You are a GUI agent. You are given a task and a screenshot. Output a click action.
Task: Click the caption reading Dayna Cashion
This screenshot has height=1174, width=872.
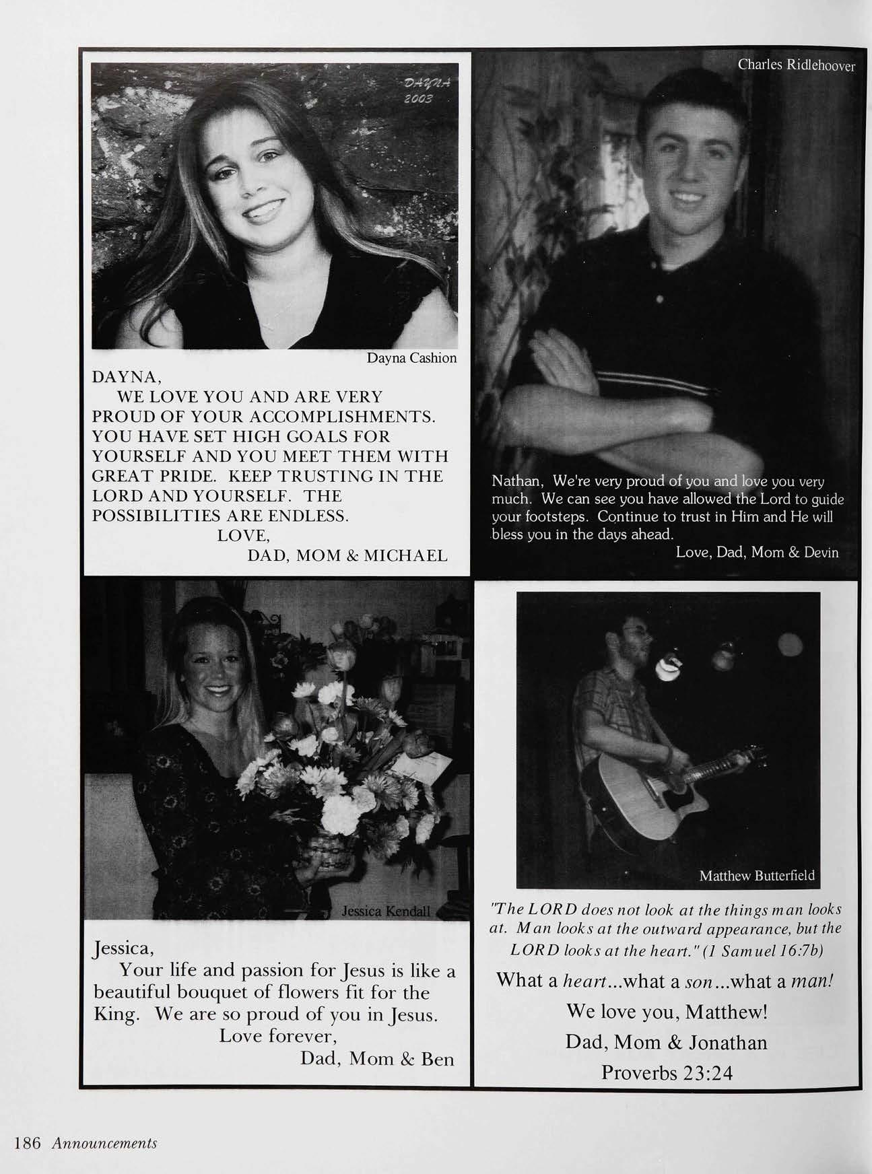411,358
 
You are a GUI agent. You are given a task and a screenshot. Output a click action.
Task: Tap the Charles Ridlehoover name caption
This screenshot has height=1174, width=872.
796,65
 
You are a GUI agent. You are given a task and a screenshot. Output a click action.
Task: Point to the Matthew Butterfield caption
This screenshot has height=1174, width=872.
756,875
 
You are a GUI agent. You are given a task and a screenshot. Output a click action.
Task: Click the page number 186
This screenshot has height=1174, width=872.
28,1143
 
